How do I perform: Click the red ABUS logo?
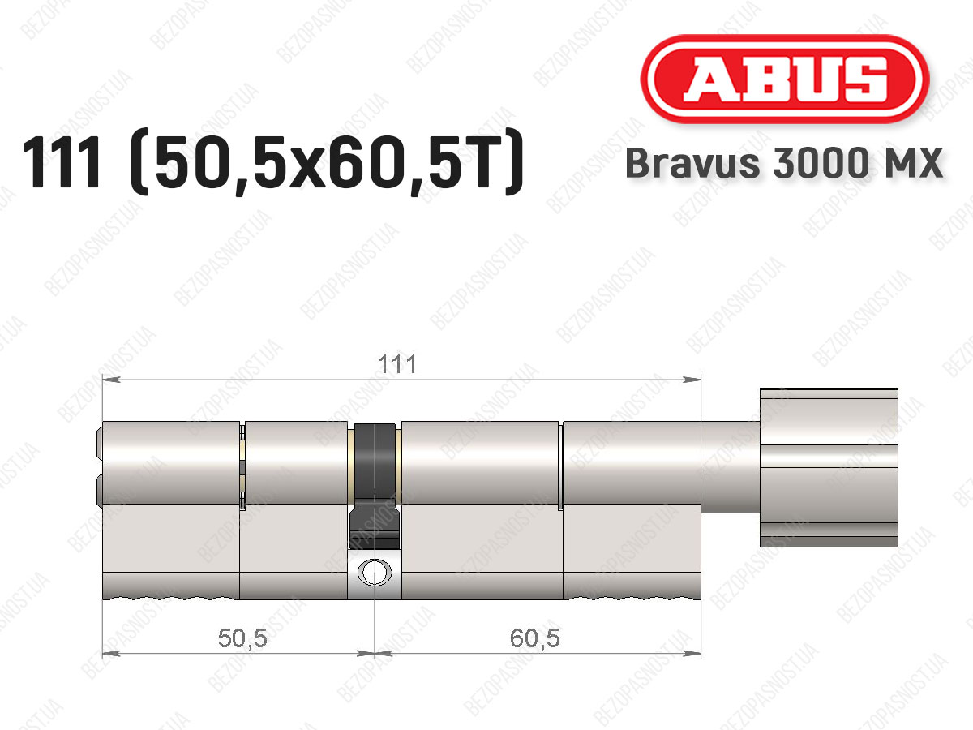[785, 79]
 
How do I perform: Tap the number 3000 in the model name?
[820, 163]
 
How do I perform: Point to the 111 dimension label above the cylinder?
[396, 365]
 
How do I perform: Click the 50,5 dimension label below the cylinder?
[242, 638]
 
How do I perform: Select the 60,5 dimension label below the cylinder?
[534, 638]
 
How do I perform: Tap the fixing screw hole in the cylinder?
[375, 572]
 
